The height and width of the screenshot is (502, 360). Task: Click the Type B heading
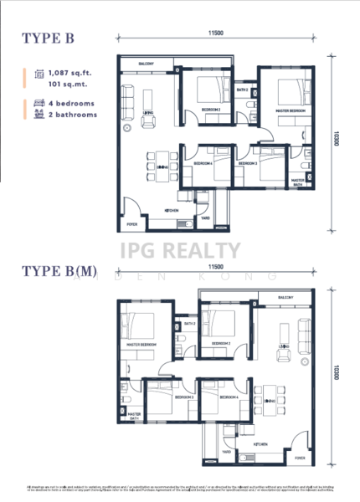pyautogui.click(x=49, y=37)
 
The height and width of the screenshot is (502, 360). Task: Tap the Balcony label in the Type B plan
pyautogui.click(x=146, y=63)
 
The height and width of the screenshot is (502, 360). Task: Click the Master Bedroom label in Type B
pyautogui.click(x=285, y=111)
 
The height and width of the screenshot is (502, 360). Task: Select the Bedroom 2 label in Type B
pyautogui.click(x=211, y=110)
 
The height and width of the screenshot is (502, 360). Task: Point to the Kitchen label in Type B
pyautogui.click(x=171, y=211)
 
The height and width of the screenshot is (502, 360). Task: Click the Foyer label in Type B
pyautogui.click(x=131, y=224)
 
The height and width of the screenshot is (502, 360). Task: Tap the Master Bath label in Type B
pyautogui.click(x=297, y=182)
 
